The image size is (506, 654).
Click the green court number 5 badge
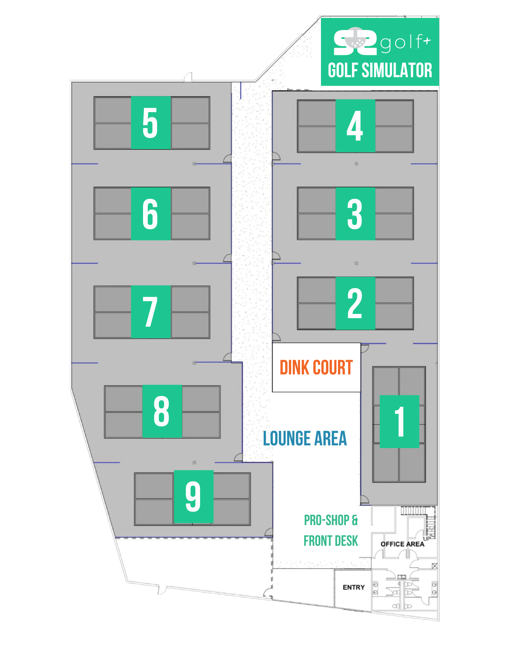[x=151, y=123]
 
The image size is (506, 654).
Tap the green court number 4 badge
[x=355, y=126]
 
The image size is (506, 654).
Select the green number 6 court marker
[x=151, y=214]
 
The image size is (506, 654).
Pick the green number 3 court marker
[x=355, y=214]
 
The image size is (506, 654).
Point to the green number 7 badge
[x=151, y=312]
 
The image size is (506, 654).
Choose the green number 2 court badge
[x=355, y=303]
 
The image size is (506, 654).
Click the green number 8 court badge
[x=162, y=411]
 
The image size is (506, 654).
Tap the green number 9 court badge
[x=194, y=497]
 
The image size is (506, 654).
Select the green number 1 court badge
[x=399, y=422]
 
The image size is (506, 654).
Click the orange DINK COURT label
[x=316, y=368]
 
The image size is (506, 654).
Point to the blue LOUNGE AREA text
[x=305, y=439]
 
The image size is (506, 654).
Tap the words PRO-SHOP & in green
[x=331, y=520]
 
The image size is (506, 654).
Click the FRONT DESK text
[x=331, y=541]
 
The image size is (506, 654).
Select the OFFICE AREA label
[x=402, y=544]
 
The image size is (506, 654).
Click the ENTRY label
[x=354, y=587]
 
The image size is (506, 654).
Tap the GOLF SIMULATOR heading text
[x=380, y=70]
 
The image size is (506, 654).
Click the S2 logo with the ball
[x=355, y=41]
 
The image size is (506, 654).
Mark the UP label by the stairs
[x=427, y=539]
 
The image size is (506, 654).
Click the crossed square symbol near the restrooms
[x=435, y=566]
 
